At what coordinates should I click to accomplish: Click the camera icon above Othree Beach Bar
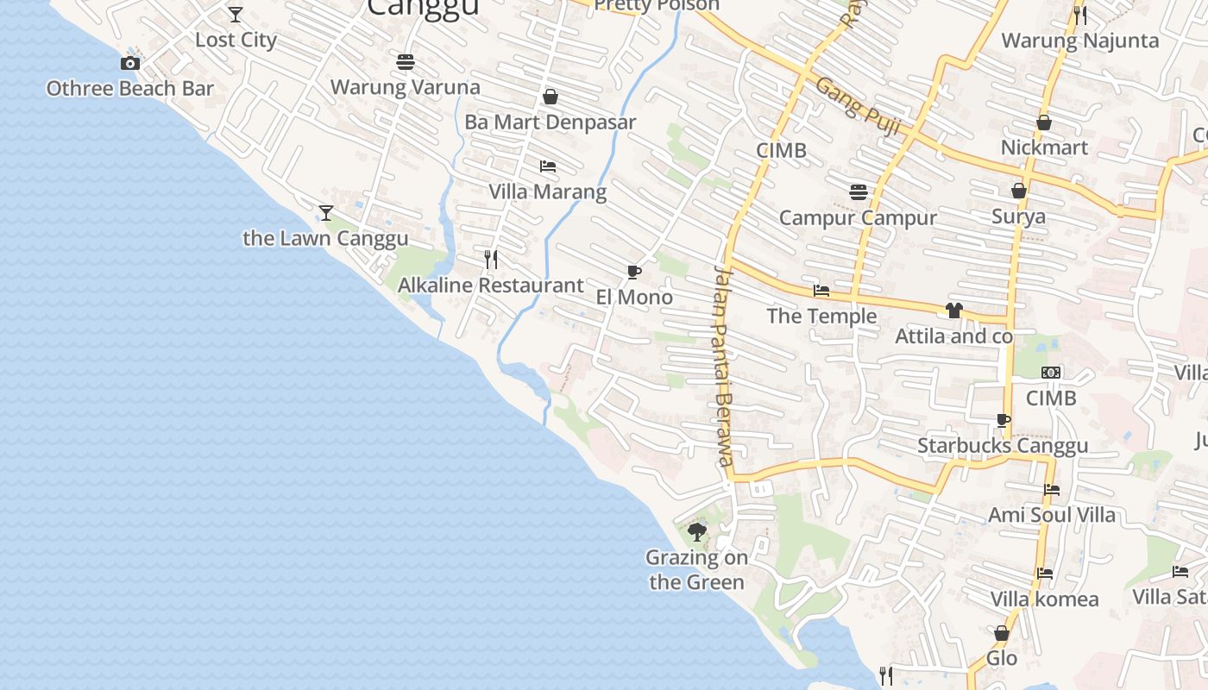click(130, 63)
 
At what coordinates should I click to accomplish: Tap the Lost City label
click(236, 40)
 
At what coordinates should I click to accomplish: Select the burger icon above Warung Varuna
click(406, 62)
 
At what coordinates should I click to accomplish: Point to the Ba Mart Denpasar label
click(550, 122)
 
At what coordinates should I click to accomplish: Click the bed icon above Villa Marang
click(548, 166)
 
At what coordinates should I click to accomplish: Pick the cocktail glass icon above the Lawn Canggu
click(326, 212)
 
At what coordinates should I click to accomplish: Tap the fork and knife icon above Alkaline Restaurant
click(491, 259)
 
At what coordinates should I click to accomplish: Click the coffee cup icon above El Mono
click(634, 273)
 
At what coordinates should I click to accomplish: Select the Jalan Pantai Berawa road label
click(723, 366)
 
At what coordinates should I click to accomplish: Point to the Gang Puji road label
click(858, 106)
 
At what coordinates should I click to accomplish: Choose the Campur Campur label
click(858, 217)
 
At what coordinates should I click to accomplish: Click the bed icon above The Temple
click(821, 291)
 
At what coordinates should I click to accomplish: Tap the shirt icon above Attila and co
click(953, 310)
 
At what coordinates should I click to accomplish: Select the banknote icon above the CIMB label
click(1051, 373)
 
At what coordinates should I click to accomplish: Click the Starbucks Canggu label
click(1003, 446)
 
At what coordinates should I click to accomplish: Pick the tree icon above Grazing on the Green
click(697, 532)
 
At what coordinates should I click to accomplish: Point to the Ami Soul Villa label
click(1052, 515)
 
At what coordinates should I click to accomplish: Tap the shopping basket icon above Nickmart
click(1044, 122)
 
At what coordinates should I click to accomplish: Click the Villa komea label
click(1045, 599)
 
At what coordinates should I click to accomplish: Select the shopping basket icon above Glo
click(1002, 633)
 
